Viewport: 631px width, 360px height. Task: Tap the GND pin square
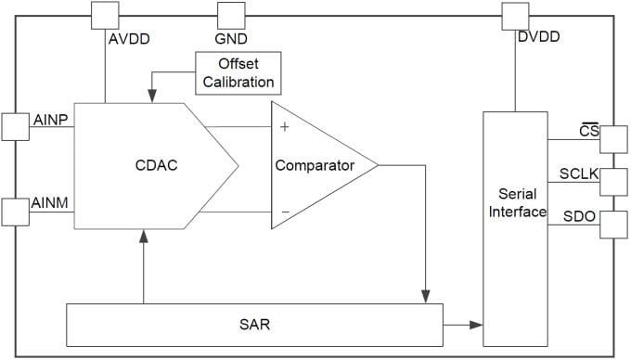tap(230, 15)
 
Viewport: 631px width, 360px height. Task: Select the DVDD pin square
tap(514, 15)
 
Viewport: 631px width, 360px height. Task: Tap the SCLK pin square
tap(612, 181)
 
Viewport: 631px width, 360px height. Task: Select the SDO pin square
tap(612, 225)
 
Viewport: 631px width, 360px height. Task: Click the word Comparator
tap(315, 166)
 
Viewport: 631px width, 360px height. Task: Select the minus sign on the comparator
tap(284, 212)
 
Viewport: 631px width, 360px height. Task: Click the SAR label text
tap(253, 325)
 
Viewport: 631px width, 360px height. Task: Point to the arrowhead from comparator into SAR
tap(425, 295)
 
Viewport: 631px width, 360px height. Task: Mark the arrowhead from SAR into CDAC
tap(144, 237)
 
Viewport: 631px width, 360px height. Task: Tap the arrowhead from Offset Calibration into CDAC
tap(150, 96)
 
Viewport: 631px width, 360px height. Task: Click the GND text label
tap(230, 40)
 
